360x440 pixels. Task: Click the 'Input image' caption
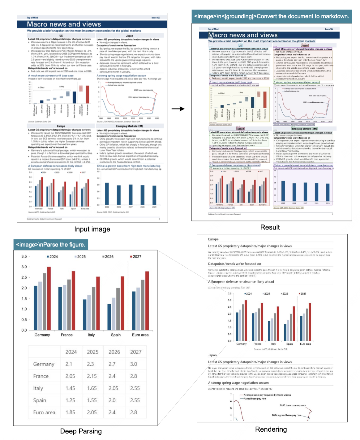tap(92, 229)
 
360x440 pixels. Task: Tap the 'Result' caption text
tap(270, 227)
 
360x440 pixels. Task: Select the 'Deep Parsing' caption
tap(81, 431)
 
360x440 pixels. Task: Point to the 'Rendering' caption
tap(271, 429)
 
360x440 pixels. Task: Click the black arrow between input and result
tap(178, 109)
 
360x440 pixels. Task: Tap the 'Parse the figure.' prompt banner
tap(51, 245)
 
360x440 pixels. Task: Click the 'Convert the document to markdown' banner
tap(272, 16)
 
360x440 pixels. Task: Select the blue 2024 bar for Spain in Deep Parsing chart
tap(109, 317)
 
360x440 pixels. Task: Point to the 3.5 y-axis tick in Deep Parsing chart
tap(24, 257)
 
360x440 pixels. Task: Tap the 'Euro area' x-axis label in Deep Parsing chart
tap(140, 335)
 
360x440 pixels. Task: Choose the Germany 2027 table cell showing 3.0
tap(134, 364)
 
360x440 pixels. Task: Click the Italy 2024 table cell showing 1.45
tap(70, 388)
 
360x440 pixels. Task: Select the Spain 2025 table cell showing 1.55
tap(92, 400)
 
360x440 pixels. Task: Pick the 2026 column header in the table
tap(114, 352)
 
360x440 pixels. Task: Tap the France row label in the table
tap(41, 376)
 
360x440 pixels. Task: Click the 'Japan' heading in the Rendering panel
tap(212, 355)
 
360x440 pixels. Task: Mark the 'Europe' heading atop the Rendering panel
tap(213, 239)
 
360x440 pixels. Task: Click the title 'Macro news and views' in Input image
tap(64, 24)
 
